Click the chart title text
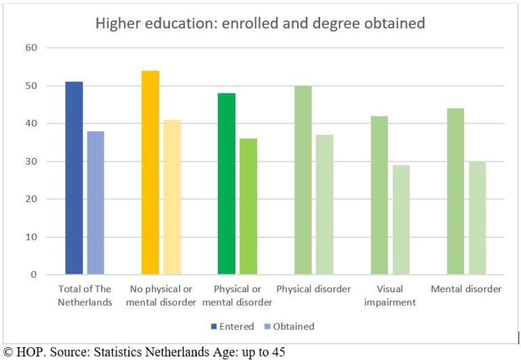[x=260, y=24]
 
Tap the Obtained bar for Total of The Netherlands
[x=96, y=203]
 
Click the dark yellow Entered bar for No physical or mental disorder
[x=150, y=173]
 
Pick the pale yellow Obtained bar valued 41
[x=172, y=197]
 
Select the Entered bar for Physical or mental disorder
[x=227, y=184]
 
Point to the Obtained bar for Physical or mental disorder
[x=248, y=207]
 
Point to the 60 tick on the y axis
[x=32, y=48]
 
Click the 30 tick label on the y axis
[x=32, y=161]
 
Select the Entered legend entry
[x=233, y=326]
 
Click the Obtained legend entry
[x=288, y=326]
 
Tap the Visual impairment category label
[x=390, y=296]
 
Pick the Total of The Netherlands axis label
[x=85, y=296]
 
